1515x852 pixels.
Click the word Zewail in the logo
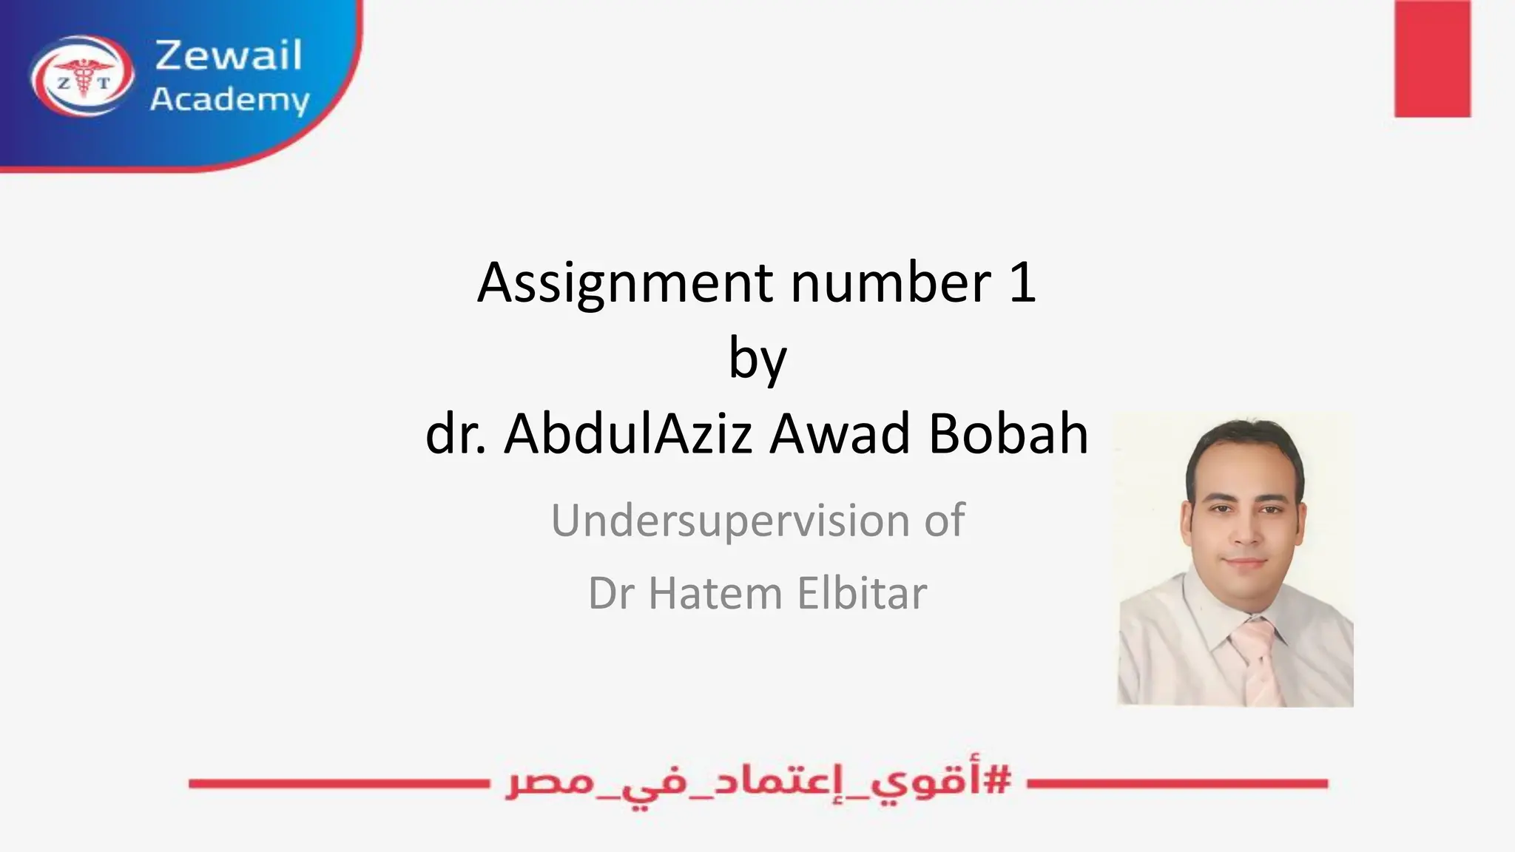tap(229, 55)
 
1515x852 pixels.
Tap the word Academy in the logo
tap(229, 100)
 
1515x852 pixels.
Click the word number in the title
tap(891, 283)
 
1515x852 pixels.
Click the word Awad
tap(840, 434)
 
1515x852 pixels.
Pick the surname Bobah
tap(1008, 434)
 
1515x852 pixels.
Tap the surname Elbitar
tap(862, 594)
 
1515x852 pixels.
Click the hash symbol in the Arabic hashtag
tap(999, 780)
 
